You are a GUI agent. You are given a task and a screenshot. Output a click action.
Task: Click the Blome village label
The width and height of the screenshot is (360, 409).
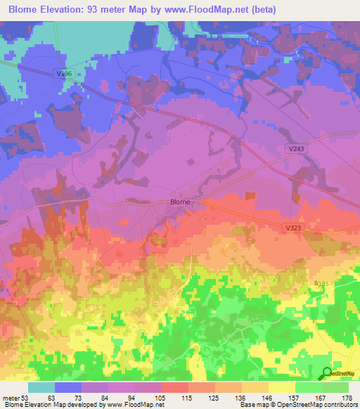(180, 202)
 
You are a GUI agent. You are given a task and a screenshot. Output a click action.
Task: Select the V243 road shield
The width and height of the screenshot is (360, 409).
(295, 149)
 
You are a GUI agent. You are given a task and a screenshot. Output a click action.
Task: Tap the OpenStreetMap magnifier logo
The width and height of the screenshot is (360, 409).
(328, 373)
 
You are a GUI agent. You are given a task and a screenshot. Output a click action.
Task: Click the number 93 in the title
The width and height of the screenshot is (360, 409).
(106, 10)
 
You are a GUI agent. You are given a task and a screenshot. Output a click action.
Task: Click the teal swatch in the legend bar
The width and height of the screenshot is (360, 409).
(41, 387)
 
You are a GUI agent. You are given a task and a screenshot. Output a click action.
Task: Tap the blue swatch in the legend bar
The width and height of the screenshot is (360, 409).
(68, 387)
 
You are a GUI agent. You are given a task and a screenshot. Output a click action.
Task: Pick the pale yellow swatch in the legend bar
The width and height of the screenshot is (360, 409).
(282, 387)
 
